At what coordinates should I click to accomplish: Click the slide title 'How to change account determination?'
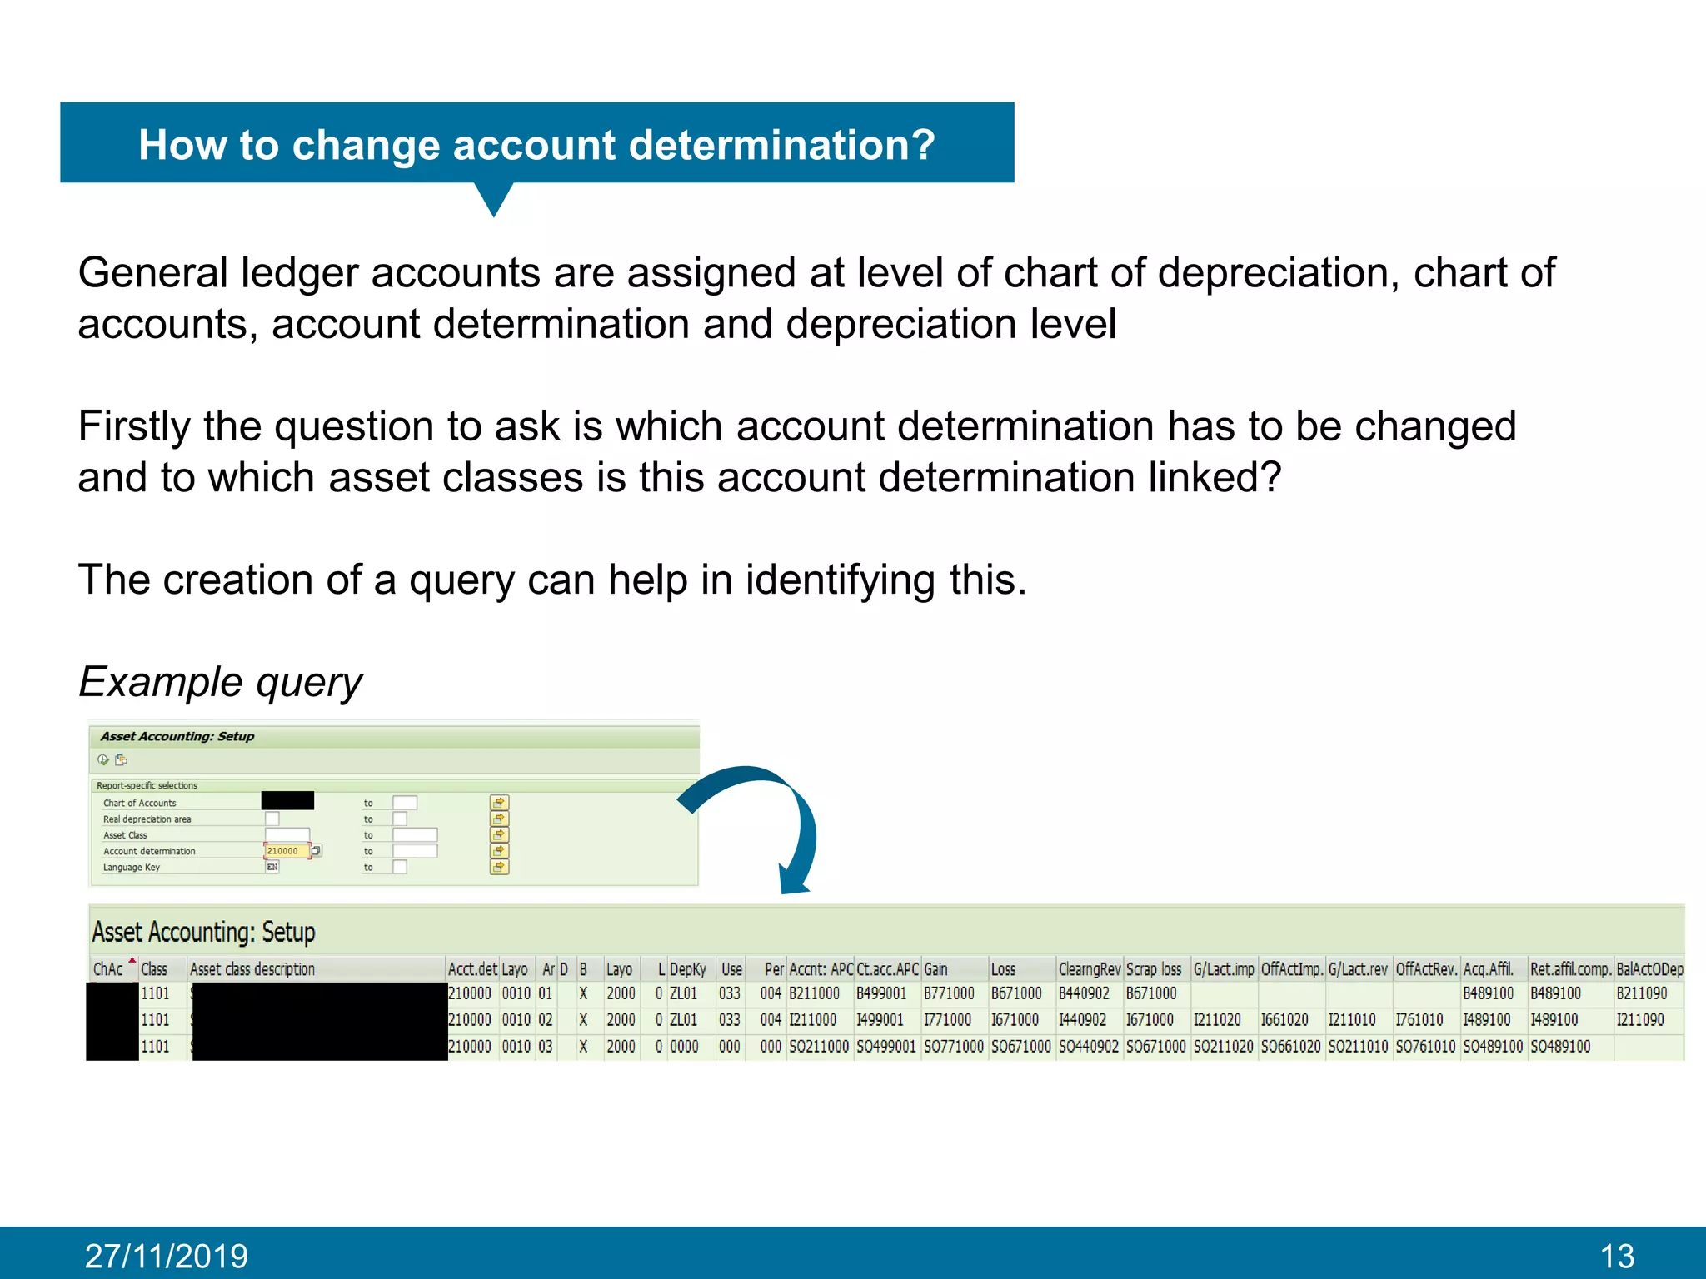pyautogui.click(x=536, y=145)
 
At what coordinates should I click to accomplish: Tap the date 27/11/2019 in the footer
pyautogui.click(x=166, y=1256)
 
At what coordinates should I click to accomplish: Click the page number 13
pyautogui.click(x=1617, y=1256)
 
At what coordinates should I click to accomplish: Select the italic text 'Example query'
pyautogui.click(x=220, y=682)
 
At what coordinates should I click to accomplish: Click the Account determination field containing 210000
pyautogui.click(x=286, y=851)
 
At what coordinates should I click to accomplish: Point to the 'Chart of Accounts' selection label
pyautogui.click(x=139, y=804)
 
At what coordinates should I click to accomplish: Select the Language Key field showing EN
pyautogui.click(x=272, y=868)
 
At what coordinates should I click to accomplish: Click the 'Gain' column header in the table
pyautogui.click(x=935, y=969)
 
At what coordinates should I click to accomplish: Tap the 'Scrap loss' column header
pyautogui.click(x=1154, y=969)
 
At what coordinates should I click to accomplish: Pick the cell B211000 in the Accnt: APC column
pyautogui.click(x=814, y=993)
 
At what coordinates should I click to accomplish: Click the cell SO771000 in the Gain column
pyautogui.click(x=953, y=1047)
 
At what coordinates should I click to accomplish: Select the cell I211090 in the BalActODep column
pyautogui.click(x=1640, y=1020)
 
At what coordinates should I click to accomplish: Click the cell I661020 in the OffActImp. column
pyautogui.click(x=1284, y=1020)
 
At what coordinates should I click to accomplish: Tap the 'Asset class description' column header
pyautogui.click(x=252, y=969)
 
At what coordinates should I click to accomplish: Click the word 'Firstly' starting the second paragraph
pyautogui.click(x=134, y=426)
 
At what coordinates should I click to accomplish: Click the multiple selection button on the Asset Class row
pyautogui.click(x=499, y=835)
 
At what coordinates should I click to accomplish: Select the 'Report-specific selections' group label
pyautogui.click(x=147, y=786)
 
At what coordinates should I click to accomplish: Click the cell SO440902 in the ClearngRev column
pyautogui.click(x=1088, y=1047)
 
